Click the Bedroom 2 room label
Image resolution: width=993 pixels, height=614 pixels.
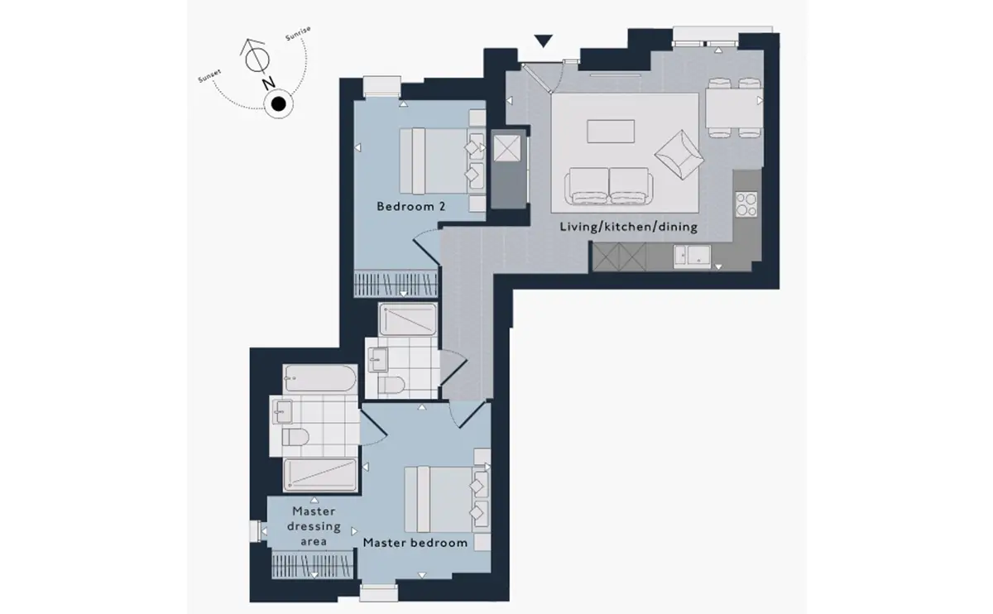coord(411,206)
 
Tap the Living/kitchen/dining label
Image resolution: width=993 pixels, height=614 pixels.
coord(628,227)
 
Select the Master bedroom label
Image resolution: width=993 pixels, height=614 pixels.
coord(415,543)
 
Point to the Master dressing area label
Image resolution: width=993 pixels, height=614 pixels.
coord(314,526)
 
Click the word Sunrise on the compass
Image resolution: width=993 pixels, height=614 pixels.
coord(298,33)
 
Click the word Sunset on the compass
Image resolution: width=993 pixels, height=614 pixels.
coord(209,76)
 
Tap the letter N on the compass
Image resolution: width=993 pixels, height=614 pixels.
coord(268,83)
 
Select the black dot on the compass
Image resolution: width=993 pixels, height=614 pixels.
coord(278,104)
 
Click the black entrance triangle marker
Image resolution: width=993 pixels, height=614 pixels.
coord(543,41)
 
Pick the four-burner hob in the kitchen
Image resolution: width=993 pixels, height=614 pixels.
coord(746,204)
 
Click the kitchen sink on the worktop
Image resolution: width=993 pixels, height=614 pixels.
coord(692,257)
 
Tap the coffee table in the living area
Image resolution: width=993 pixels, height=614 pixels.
coord(611,132)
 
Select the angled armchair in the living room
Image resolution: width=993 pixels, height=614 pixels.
coord(679,155)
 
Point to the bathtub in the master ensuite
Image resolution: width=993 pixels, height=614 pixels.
coord(320,377)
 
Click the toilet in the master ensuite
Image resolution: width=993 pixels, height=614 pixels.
coord(295,437)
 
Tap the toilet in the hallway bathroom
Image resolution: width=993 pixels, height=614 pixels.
coord(391,385)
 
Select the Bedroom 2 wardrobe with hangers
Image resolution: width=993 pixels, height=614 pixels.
coord(396,283)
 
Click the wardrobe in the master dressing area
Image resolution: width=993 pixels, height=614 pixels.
coord(313,564)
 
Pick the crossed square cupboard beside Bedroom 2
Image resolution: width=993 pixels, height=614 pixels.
coord(507,148)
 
